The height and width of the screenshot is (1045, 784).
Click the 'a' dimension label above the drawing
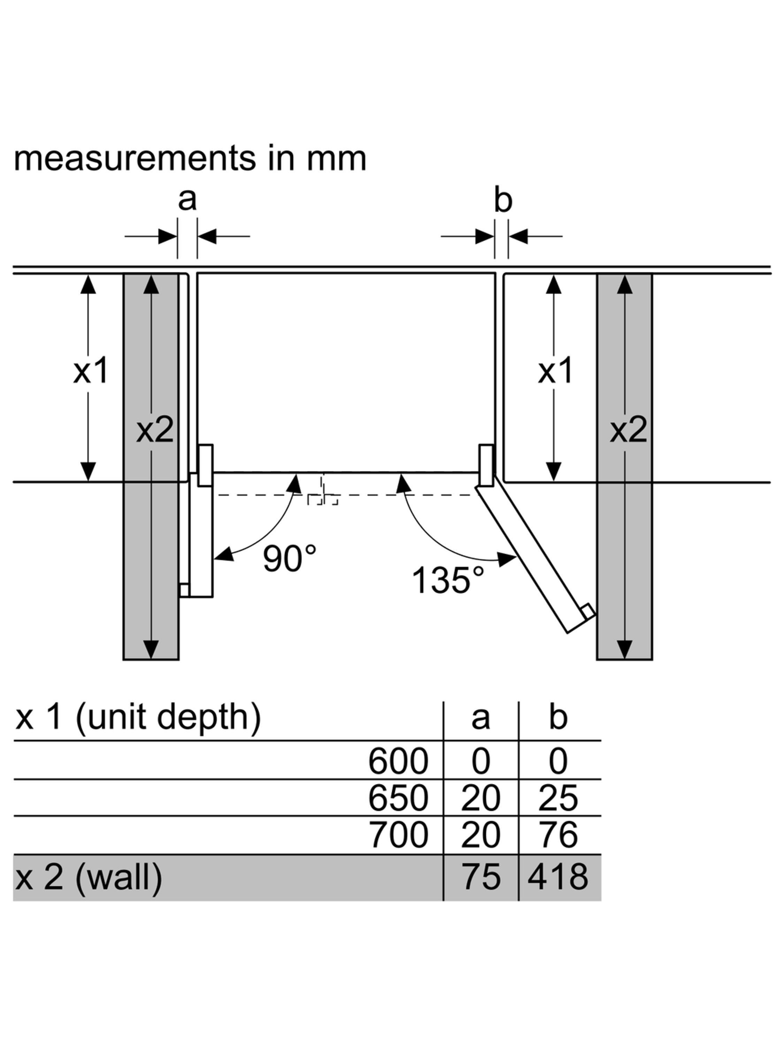point(187,199)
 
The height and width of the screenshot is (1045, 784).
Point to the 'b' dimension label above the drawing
point(503,200)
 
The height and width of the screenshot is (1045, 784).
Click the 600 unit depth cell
point(398,761)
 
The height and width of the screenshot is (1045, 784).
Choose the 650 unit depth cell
point(398,798)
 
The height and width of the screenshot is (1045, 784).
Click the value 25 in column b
point(558,798)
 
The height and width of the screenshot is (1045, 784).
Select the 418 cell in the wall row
point(558,877)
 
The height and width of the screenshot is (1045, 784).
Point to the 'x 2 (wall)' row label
point(89,877)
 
